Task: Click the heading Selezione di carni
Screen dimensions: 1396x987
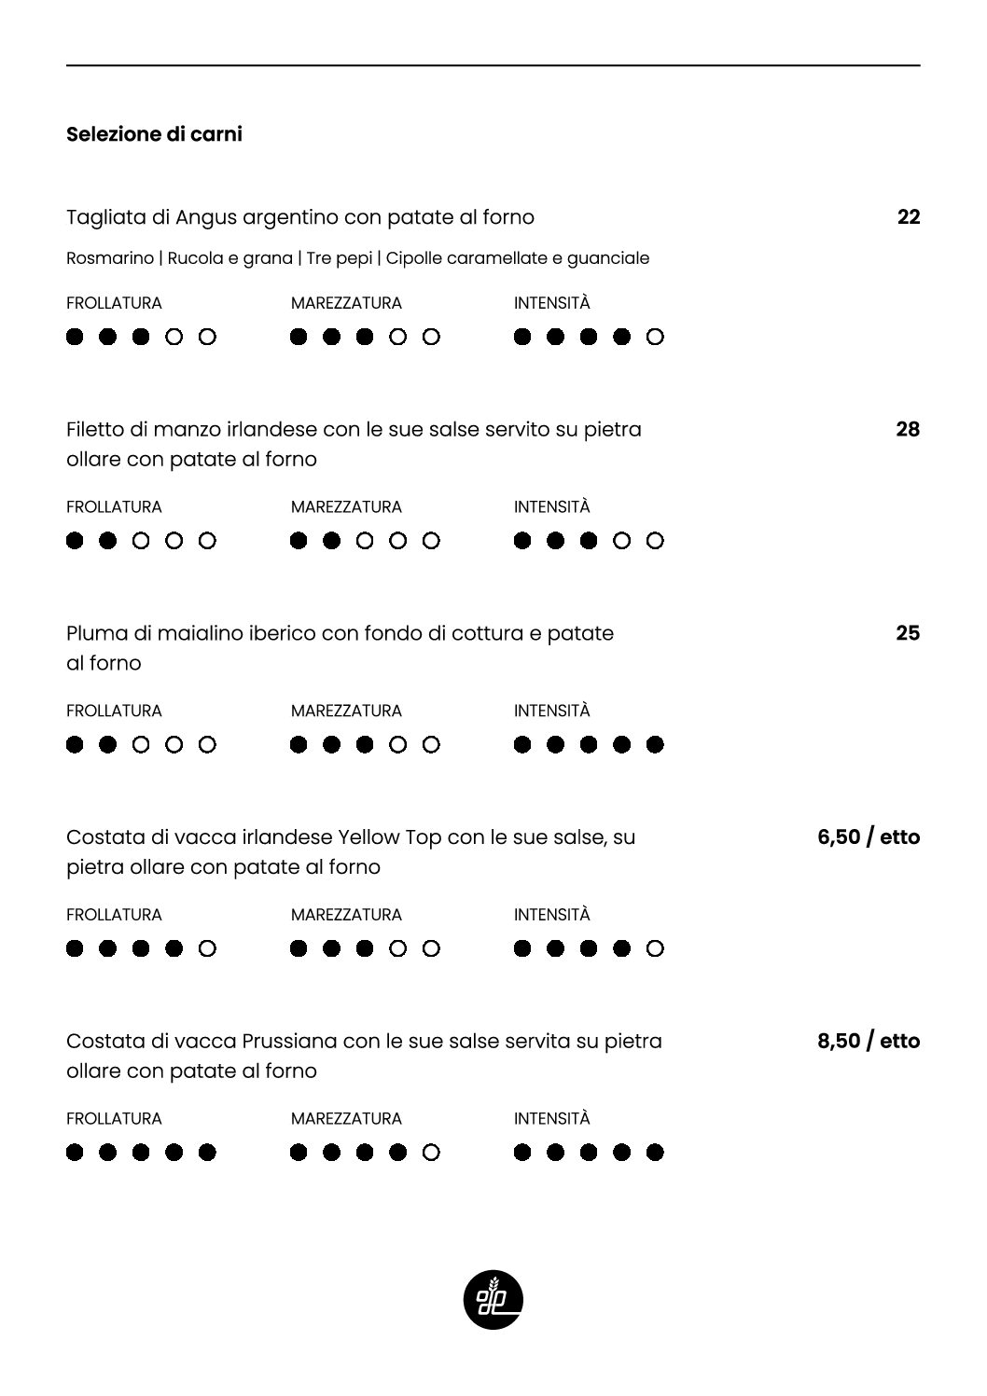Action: [x=154, y=134]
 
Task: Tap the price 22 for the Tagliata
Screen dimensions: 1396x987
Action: [x=908, y=217]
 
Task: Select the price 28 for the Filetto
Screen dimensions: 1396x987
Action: [x=907, y=430]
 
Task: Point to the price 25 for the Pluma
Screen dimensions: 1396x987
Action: [x=907, y=633]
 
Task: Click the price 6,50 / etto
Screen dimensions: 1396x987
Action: [x=868, y=837]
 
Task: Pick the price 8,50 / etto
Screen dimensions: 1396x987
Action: [x=868, y=1041]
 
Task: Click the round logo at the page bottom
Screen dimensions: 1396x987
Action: [x=493, y=1299]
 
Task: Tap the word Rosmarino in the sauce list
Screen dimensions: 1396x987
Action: [x=109, y=258]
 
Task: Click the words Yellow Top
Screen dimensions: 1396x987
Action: [x=389, y=837]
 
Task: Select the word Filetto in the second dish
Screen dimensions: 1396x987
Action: [x=93, y=430]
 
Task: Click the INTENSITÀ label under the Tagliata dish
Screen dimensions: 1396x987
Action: [x=551, y=303]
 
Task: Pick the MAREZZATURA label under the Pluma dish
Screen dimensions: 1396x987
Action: [x=346, y=711]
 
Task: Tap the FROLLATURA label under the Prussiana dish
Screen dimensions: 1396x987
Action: [x=114, y=1118]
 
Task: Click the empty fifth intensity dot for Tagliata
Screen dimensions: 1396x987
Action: [x=655, y=337]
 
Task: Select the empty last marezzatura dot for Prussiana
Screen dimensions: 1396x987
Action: [x=431, y=1153]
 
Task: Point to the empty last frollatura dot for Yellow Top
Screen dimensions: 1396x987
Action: [x=207, y=948]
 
